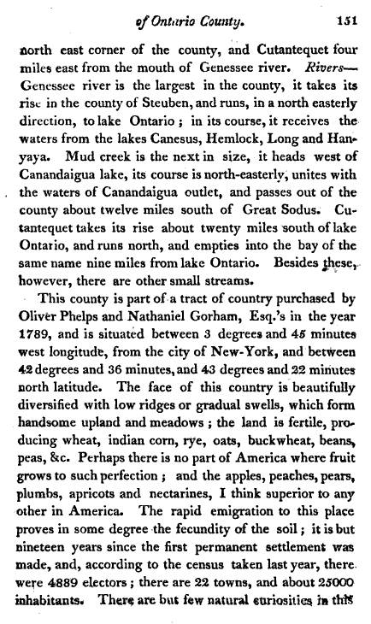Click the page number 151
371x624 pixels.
(344, 21)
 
